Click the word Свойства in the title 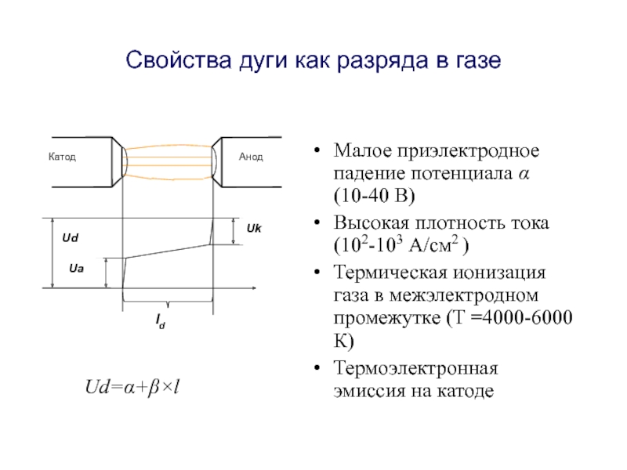(x=166, y=60)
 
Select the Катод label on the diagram (x=62, y=157)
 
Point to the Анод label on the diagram (x=251, y=157)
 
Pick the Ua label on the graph (x=76, y=269)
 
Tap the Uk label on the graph (x=254, y=228)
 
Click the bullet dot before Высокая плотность (x=318, y=223)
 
